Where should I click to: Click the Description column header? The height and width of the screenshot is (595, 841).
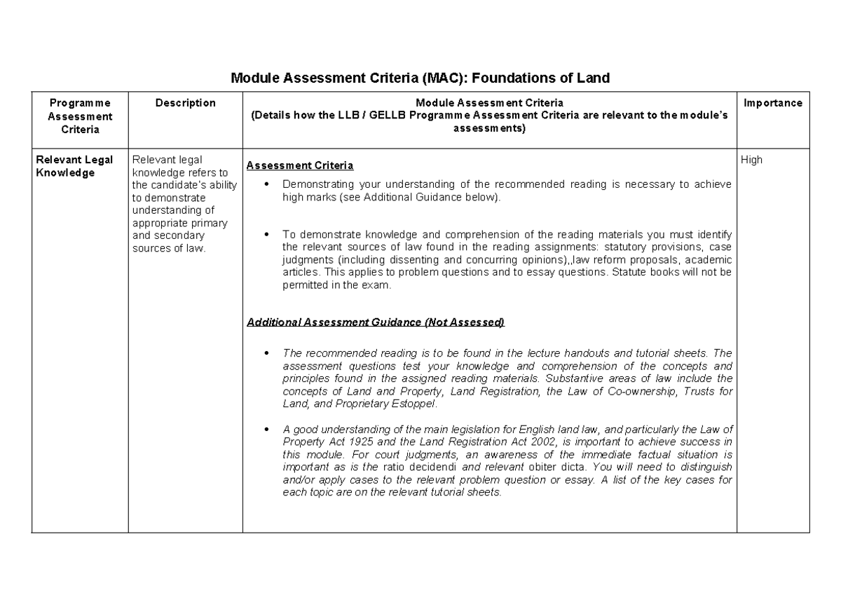185,103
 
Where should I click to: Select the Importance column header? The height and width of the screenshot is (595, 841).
773,103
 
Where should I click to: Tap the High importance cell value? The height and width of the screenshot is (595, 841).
751,160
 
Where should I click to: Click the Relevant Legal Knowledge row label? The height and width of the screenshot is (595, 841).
74,166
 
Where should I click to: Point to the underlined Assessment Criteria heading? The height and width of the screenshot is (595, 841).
300,166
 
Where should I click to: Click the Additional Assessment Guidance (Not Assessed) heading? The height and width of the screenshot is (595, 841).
375,322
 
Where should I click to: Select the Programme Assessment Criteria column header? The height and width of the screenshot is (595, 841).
80,116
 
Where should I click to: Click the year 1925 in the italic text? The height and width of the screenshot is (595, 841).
340,442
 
